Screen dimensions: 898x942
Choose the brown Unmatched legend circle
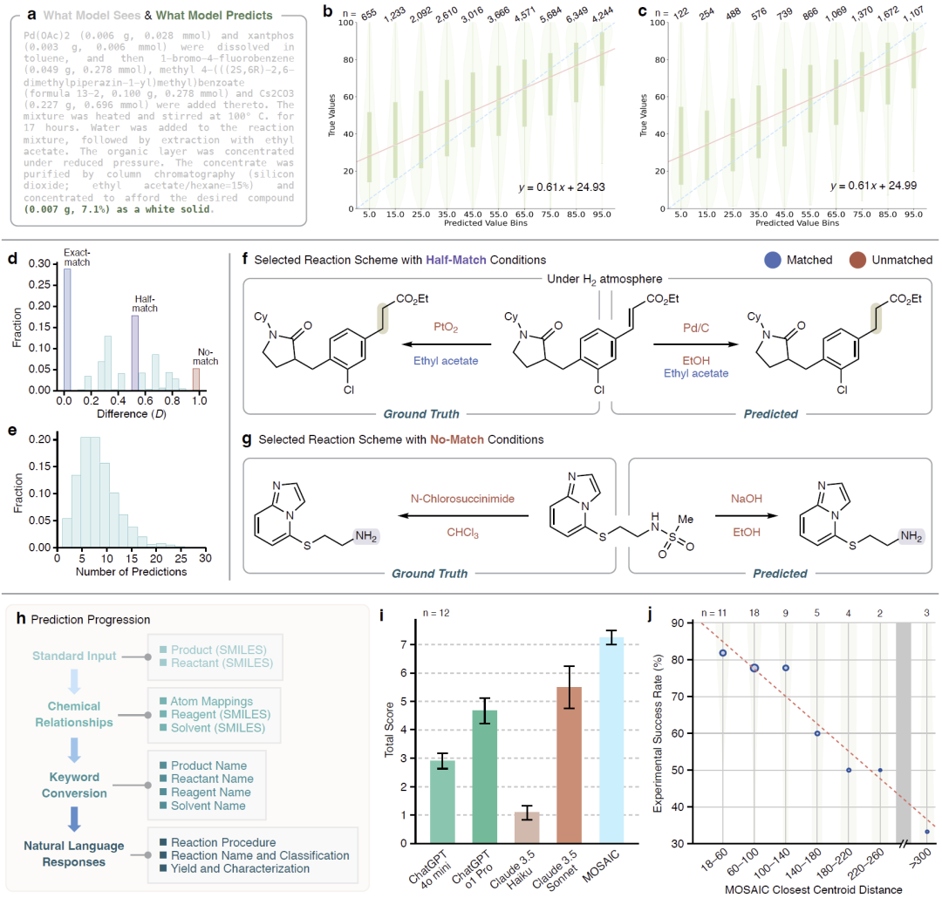[859, 259]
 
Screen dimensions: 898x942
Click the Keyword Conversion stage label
[72, 785]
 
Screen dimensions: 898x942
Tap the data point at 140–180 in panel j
[816, 733]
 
